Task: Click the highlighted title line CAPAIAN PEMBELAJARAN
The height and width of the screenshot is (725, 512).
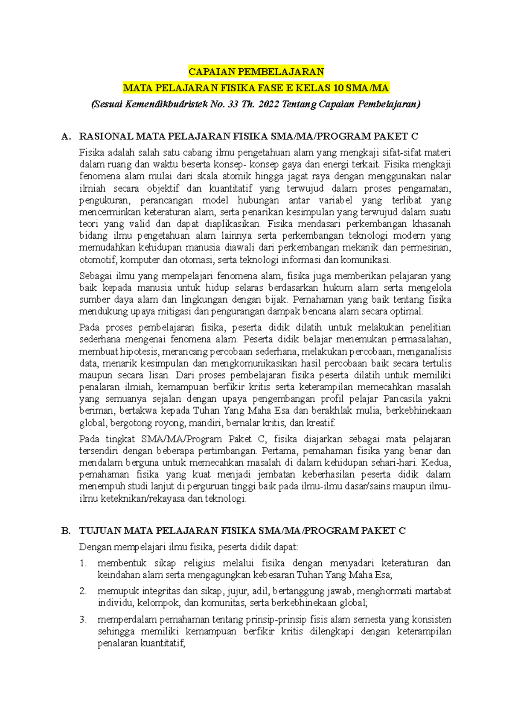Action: pyautogui.click(x=256, y=71)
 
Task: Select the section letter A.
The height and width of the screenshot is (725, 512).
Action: pyautogui.click(x=65, y=137)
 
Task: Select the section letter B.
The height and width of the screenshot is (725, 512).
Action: pyautogui.click(x=65, y=531)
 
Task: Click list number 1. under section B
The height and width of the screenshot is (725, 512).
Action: pyautogui.click(x=83, y=563)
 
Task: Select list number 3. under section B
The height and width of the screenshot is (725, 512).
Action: pyautogui.click(x=83, y=620)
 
